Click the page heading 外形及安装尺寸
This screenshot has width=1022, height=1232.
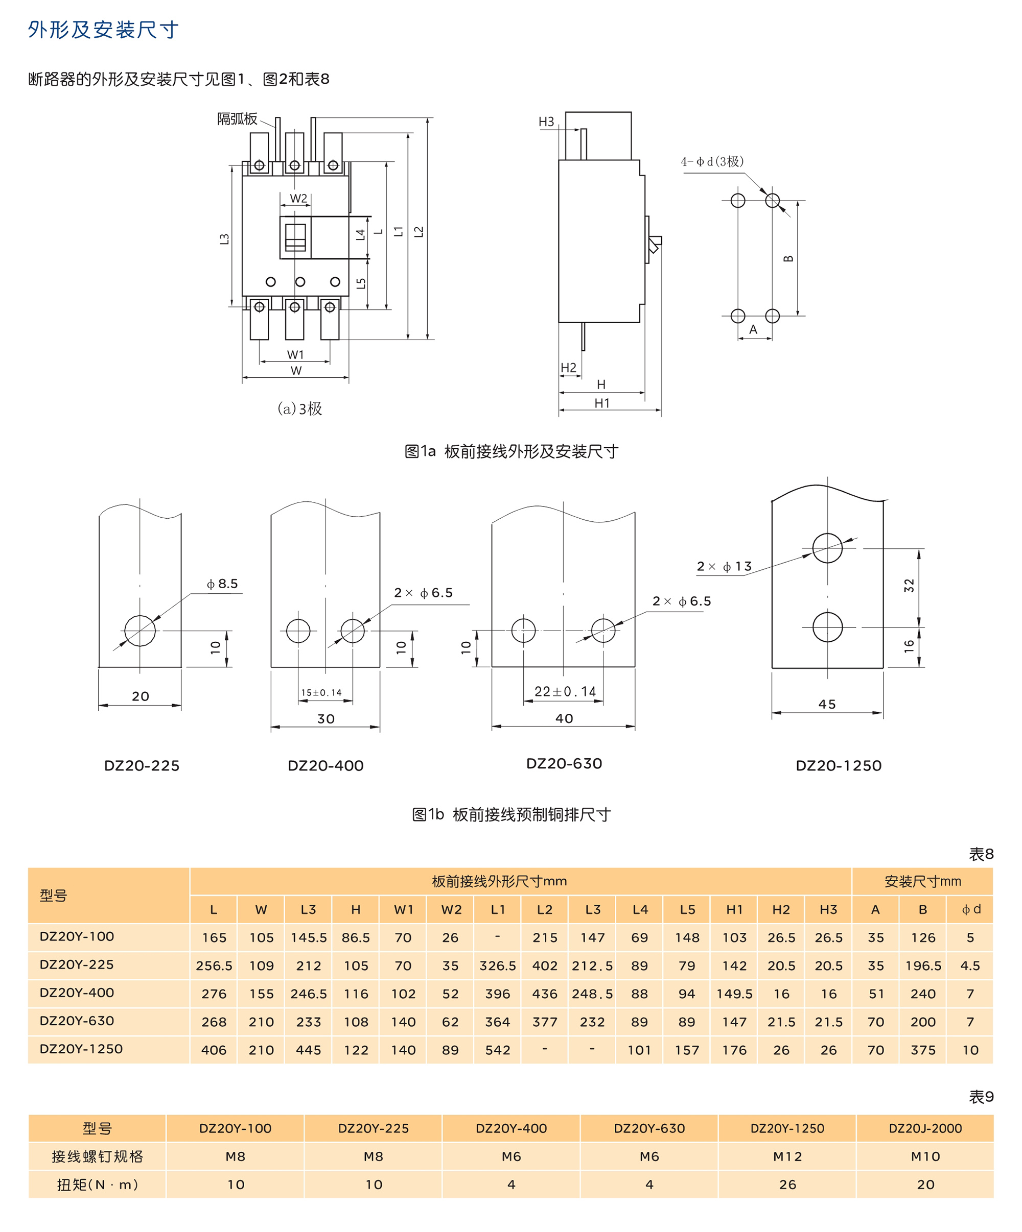click(x=103, y=29)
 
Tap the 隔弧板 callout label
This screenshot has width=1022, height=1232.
click(x=237, y=119)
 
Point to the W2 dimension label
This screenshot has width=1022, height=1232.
click(x=298, y=198)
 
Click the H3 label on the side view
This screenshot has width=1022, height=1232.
click(x=546, y=122)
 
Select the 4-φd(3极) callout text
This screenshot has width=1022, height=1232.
click(x=712, y=161)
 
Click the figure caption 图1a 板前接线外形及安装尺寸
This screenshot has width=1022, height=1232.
click(x=510, y=451)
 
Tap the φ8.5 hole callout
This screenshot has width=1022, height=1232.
click(x=222, y=584)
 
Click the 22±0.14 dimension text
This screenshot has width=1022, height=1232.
click(x=565, y=692)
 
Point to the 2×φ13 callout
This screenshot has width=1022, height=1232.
click(x=724, y=566)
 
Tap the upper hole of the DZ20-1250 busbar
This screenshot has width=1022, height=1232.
click(x=827, y=548)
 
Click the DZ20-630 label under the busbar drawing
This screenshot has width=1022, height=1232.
click(x=564, y=763)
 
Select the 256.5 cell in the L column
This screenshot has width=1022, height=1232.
click(x=214, y=965)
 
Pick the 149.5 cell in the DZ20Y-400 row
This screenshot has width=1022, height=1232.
click(x=734, y=994)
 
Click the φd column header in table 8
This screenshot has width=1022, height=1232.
click(x=970, y=909)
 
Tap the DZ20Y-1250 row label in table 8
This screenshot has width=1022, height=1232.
click(x=81, y=1049)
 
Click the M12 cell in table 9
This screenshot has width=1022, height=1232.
click(x=787, y=1156)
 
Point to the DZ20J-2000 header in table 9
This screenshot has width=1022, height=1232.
click(x=924, y=1128)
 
